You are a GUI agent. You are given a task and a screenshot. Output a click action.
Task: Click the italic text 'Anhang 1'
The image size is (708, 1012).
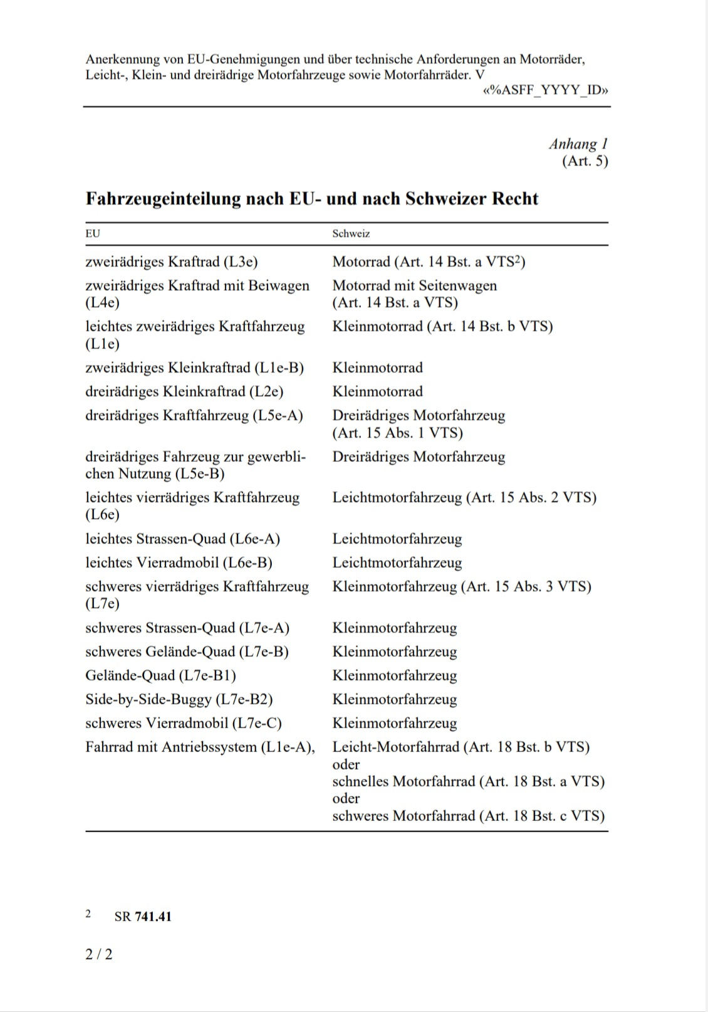click(578, 144)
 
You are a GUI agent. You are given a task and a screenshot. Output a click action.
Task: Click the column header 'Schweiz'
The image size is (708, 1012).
click(351, 234)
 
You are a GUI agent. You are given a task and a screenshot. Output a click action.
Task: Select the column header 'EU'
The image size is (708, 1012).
click(93, 234)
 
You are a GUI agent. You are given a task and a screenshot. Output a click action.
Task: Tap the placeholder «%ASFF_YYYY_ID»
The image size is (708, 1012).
click(545, 90)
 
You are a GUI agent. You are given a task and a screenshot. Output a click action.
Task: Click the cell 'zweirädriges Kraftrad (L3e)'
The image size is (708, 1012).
click(172, 261)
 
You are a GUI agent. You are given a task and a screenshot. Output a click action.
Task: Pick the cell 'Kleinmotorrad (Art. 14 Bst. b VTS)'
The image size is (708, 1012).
click(442, 326)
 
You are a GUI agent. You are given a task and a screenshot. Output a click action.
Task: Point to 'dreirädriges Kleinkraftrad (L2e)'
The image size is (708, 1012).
click(184, 392)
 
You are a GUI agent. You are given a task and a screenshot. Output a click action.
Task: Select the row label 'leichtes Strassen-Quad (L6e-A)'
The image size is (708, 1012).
click(182, 539)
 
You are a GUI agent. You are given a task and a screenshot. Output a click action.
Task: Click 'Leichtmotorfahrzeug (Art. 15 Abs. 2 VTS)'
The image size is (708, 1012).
click(464, 498)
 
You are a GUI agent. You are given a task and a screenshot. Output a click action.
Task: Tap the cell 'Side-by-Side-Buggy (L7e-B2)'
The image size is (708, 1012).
click(179, 700)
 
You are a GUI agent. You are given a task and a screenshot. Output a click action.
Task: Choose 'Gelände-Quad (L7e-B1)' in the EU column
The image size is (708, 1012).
click(160, 676)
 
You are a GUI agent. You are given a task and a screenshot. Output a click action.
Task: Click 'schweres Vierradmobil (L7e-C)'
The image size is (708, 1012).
click(184, 724)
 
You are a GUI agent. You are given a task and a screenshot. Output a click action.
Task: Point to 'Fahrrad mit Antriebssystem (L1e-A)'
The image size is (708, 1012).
click(200, 747)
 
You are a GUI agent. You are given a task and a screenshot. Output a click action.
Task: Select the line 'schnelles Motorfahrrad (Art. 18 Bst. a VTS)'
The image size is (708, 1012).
click(468, 782)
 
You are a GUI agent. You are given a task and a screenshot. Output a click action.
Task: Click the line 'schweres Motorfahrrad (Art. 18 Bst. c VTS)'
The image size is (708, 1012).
click(468, 816)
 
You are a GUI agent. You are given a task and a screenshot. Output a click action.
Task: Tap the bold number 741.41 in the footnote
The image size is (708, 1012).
click(153, 917)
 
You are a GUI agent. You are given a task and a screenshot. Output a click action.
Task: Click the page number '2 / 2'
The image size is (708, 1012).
click(99, 954)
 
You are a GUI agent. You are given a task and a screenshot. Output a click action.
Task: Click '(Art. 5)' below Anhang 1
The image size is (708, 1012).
click(585, 161)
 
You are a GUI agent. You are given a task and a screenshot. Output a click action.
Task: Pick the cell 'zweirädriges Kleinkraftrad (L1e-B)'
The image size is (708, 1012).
click(194, 368)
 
